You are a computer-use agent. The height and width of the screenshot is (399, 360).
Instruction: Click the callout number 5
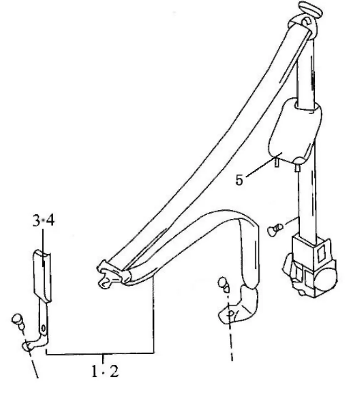(x=239, y=180)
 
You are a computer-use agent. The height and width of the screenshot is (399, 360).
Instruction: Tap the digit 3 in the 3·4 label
(x=36, y=221)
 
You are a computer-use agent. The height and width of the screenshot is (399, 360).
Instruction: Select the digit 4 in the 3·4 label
(x=50, y=221)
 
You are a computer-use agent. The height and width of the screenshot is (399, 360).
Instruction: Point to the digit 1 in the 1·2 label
(x=95, y=371)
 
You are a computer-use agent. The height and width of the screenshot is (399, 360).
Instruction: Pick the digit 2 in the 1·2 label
(x=114, y=371)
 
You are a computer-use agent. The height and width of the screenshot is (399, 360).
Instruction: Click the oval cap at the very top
(x=311, y=9)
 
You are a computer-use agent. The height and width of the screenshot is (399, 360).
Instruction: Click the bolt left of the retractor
(x=275, y=229)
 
